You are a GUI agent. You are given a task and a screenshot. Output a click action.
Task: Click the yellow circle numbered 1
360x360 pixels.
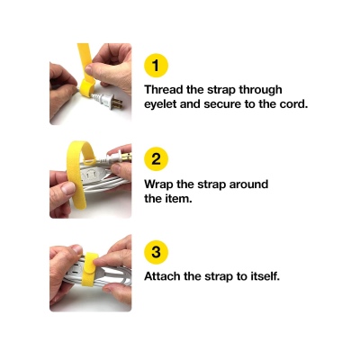156,65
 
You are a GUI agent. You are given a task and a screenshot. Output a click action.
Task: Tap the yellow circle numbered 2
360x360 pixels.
156,158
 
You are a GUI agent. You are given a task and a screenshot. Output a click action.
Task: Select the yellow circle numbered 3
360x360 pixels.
156,252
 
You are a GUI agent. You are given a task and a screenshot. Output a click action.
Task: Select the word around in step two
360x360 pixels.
248,184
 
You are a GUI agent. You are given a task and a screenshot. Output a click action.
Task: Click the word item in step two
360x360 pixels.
179,198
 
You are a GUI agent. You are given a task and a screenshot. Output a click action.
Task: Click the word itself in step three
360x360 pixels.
265,276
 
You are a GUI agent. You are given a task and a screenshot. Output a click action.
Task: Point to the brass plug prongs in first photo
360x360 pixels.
117,103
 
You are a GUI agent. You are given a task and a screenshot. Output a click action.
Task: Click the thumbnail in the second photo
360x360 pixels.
68,188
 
